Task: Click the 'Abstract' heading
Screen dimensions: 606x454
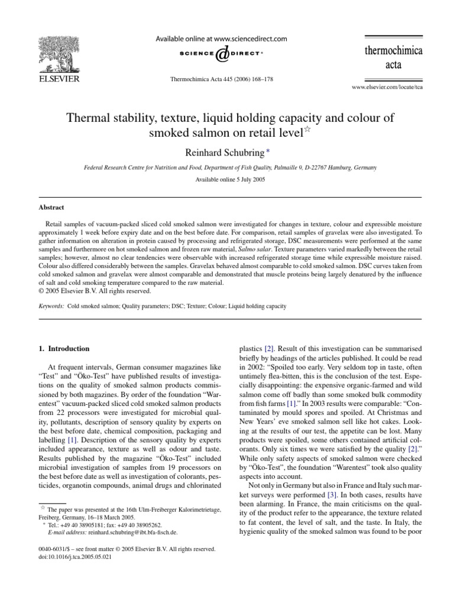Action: tap(52, 208)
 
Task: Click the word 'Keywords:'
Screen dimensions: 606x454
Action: tap(50, 306)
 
